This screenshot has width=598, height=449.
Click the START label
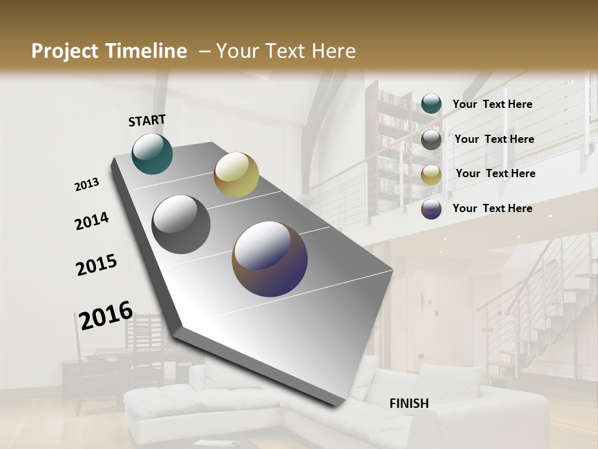coord(147,120)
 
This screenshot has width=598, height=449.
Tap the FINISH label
coord(409,403)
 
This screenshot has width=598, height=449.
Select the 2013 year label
coord(87,185)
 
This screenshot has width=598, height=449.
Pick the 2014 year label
coord(92,221)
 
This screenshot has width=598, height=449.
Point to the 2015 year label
coord(97,264)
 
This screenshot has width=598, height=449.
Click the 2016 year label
coord(106,316)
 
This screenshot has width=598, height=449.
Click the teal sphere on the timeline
coord(152,154)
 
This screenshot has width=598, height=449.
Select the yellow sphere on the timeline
coord(236,175)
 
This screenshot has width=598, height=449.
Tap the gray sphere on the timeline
coord(181,224)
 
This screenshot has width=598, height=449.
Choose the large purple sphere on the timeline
coord(270,259)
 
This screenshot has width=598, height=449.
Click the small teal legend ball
coord(431,104)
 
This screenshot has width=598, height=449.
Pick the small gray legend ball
coord(431,140)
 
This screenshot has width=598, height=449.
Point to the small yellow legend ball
coord(431,175)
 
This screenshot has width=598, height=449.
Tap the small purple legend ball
coord(431,209)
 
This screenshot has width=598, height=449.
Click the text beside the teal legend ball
coord(492,104)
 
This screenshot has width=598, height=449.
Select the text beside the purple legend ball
coord(492,208)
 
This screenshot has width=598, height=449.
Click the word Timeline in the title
coord(146,51)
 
